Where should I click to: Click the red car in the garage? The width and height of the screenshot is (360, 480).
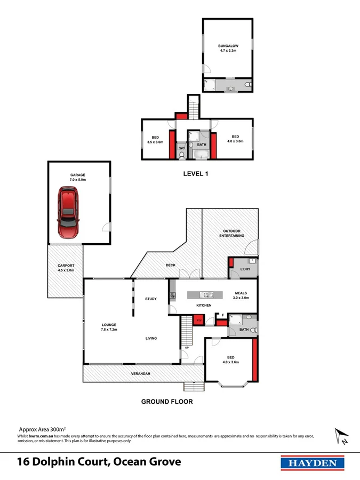pyautogui.click(x=68, y=212)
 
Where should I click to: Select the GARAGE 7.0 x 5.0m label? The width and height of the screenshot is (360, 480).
pyautogui.click(x=78, y=177)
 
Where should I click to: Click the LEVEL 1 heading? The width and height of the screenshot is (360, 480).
pyautogui.click(x=196, y=173)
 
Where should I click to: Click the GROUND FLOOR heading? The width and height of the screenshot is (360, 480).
pyautogui.click(x=166, y=401)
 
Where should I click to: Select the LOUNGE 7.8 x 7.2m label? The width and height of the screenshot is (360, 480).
pyautogui.click(x=109, y=327)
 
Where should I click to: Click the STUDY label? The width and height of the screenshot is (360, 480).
pyautogui.click(x=151, y=299)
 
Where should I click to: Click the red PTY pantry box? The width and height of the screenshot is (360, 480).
pyautogui.click(x=198, y=320)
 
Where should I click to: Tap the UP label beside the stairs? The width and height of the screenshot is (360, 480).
pyautogui.click(x=186, y=348)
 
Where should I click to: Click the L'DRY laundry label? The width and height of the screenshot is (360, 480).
pyautogui.click(x=245, y=269)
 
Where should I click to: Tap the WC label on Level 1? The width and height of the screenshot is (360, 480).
pyautogui.click(x=181, y=148)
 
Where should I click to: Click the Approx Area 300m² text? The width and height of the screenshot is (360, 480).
pyautogui.click(x=42, y=429)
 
